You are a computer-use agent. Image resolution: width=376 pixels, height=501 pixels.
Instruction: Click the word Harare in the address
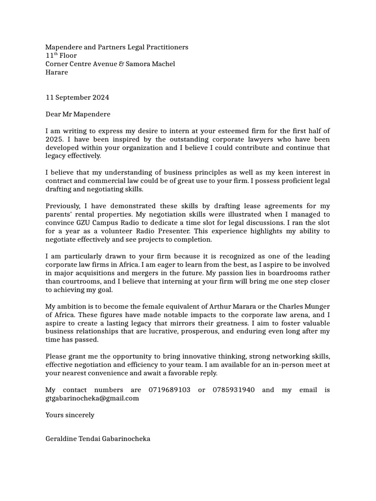click(57, 72)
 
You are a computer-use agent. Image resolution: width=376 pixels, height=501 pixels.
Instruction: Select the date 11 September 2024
click(77, 97)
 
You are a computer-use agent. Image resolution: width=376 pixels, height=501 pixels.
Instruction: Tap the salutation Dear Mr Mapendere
click(78, 114)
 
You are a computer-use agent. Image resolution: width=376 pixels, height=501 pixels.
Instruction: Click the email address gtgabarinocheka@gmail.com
click(92, 398)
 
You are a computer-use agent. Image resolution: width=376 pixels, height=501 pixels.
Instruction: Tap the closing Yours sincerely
click(70, 415)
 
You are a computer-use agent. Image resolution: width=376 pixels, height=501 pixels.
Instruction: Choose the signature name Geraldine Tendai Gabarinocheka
click(98, 439)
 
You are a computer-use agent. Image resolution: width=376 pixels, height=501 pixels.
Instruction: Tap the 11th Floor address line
click(61, 55)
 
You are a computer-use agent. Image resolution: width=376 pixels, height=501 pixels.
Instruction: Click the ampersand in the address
click(121, 64)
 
